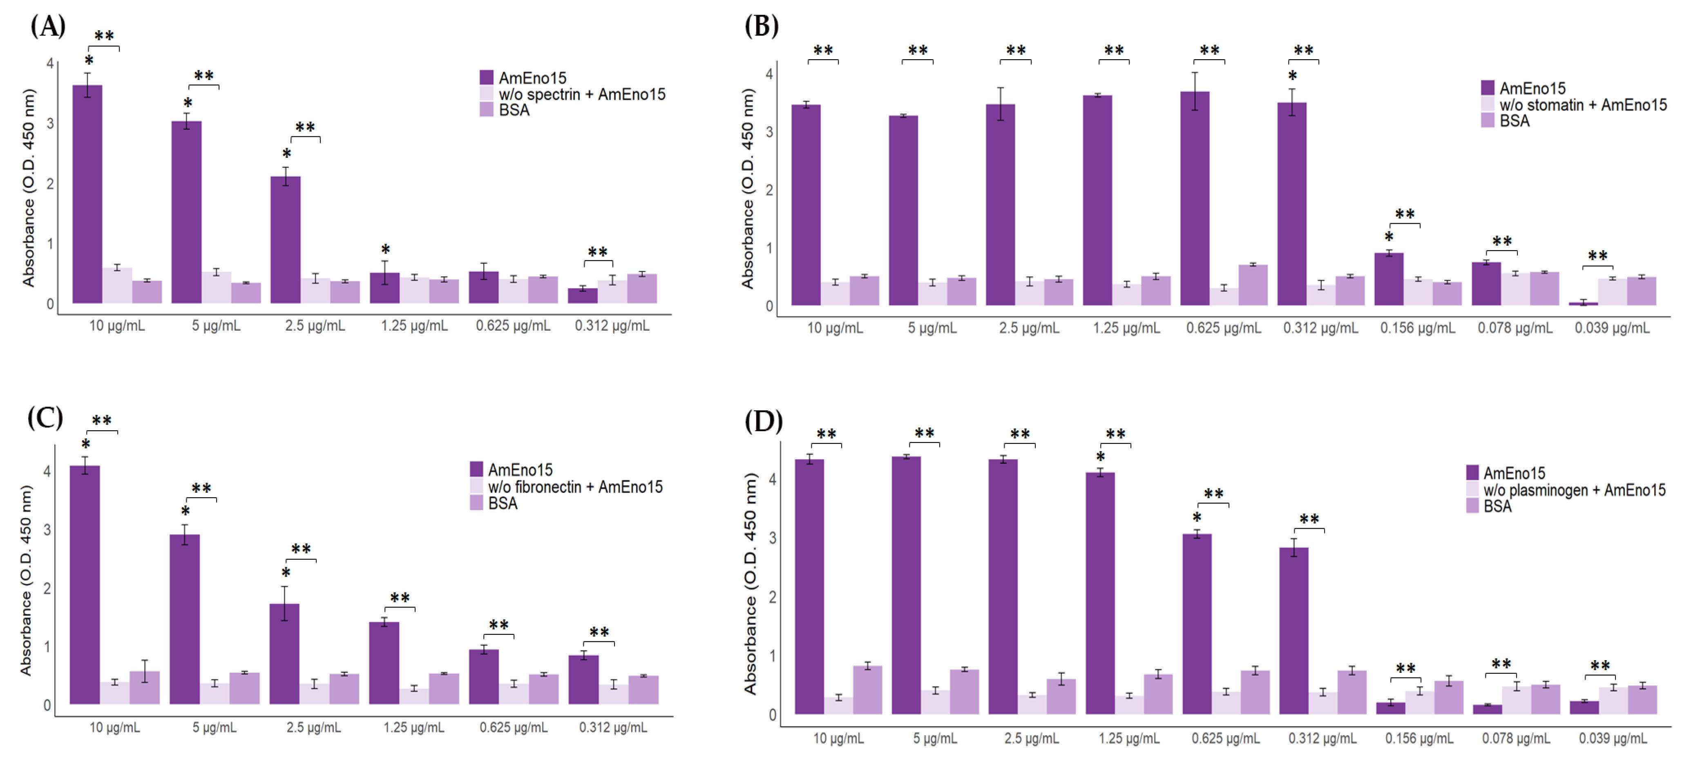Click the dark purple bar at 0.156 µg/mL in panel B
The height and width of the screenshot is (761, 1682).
pos(1388,279)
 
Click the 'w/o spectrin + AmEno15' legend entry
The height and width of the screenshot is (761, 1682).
pos(581,95)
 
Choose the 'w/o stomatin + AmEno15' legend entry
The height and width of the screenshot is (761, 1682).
pos(1582,105)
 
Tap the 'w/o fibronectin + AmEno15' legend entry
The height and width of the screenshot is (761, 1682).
pos(574,487)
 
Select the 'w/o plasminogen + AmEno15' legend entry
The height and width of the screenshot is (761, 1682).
pos(1574,490)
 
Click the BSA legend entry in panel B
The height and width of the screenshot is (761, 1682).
pos(1514,121)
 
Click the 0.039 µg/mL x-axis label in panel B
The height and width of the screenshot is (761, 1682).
pos(1611,328)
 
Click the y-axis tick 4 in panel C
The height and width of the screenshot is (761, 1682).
pos(47,471)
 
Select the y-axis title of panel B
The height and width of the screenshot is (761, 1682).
pos(748,189)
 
